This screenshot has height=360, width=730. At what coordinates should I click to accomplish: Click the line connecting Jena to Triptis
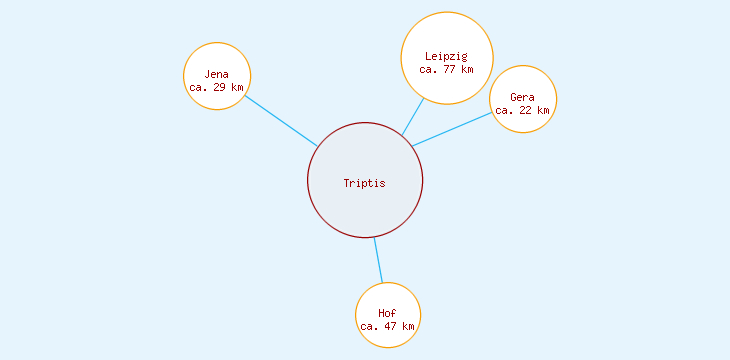click(281, 121)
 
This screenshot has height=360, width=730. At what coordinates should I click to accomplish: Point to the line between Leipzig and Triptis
click(413, 116)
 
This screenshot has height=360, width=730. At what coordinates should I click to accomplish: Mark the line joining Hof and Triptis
click(378, 260)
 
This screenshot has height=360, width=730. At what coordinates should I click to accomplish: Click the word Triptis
click(364, 183)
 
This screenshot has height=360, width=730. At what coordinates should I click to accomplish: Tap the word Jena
click(217, 74)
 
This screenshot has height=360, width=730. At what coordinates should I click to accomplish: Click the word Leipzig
click(446, 56)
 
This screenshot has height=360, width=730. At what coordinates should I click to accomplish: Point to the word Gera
click(522, 97)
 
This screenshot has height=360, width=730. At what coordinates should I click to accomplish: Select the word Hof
click(387, 313)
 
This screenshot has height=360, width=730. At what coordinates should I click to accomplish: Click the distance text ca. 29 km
click(216, 87)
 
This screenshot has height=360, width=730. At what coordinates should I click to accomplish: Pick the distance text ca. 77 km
click(446, 69)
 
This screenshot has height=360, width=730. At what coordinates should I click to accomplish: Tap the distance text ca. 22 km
click(522, 110)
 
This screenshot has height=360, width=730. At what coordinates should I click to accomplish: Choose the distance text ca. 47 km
click(387, 326)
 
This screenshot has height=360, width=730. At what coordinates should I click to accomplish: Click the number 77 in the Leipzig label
click(449, 69)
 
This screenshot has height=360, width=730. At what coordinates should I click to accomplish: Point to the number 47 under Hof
click(390, 326)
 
